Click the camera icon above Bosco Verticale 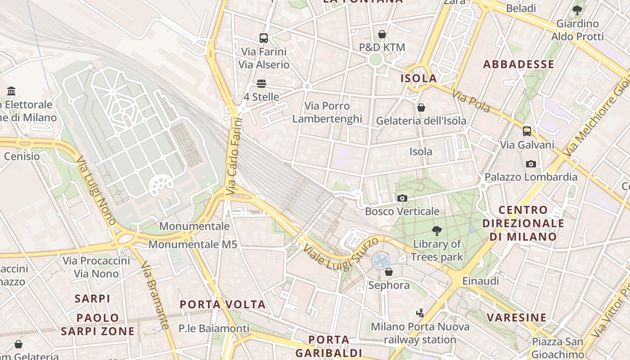[402, 198]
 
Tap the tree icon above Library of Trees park [436, 231]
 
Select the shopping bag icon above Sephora [389, 272]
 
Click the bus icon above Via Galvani [527, 131]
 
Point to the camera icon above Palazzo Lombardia [531, 164]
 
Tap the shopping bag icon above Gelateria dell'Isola [421, 108]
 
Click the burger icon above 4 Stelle [261, 84]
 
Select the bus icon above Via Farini [264, 38]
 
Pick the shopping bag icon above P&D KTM [382, 34]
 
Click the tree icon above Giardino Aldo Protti [577, 10]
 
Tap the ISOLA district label [419, 78]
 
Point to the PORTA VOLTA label [223, 305]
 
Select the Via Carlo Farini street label [234, 156]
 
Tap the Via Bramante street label [155, 296]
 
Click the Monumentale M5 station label [193, 245]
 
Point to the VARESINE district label [517, 318]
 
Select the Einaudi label [481, 281]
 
